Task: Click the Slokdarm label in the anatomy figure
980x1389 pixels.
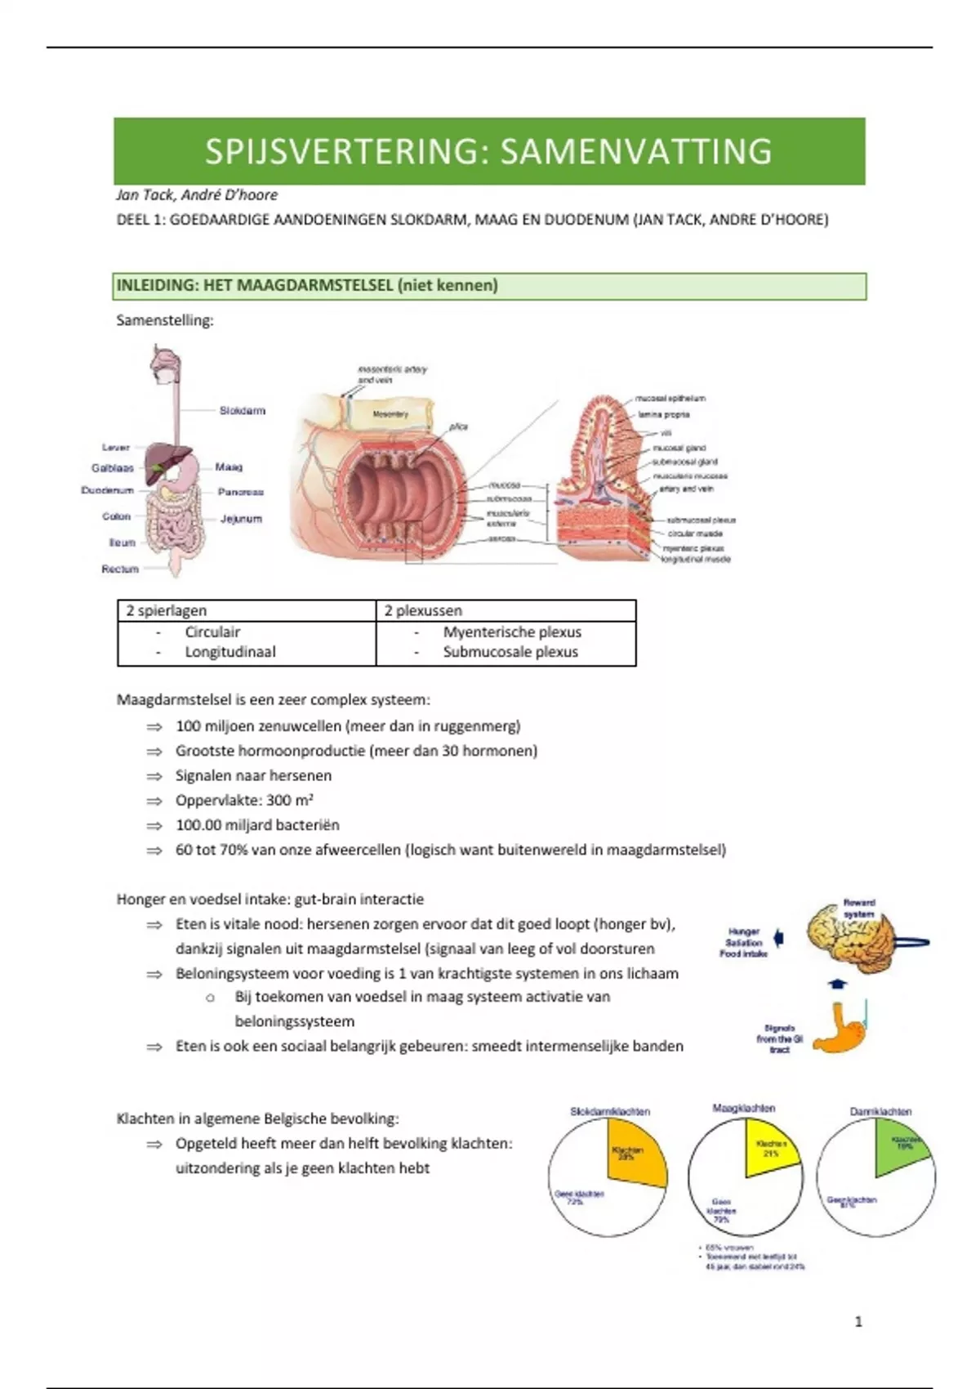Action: tap(243, 411)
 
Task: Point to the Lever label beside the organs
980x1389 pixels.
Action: tap(116, 448)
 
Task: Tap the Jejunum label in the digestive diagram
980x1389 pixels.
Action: tap(241, 519)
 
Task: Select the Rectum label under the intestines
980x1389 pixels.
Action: tap(120, 569)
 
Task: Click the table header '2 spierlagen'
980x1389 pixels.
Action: tap(166, 611)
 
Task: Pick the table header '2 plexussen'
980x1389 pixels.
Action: tap(423, 611)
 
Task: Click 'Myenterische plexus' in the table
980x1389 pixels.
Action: tap(512, 632)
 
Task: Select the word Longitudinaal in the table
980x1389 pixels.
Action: tap(230, 652)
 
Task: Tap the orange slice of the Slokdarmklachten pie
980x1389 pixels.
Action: tap(635, 1152)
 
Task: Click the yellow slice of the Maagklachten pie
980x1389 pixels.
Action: tap(768, 1147)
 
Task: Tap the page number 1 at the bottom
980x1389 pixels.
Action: tap(858, 1321)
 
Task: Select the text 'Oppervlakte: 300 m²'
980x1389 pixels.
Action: tap(244, 801)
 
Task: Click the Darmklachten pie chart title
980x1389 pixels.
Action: tap(880, 1112)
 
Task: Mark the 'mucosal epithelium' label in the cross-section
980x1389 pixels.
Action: tap(670, 399)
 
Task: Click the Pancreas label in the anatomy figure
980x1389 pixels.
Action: tap(241, 492)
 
